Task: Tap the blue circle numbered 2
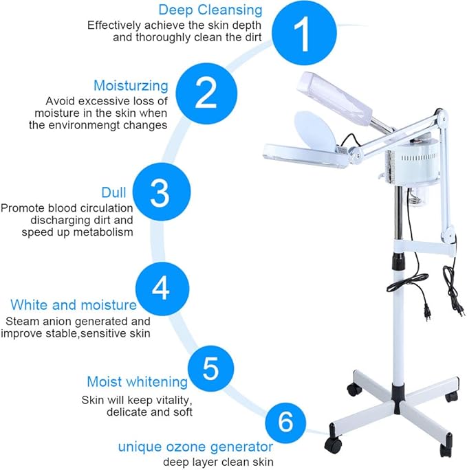click(206, 94)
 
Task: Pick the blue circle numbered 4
click(160, 289)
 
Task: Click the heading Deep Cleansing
click(210, 10)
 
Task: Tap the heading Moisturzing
click(131, 86)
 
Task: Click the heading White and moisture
click(73, 304)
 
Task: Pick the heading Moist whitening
click(137, 381)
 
